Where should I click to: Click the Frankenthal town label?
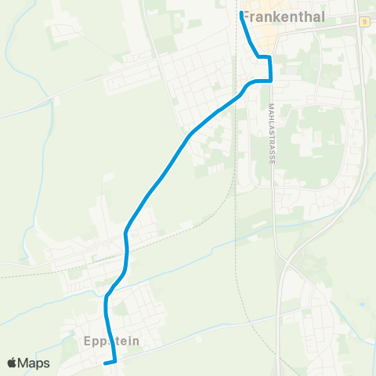[280, 14]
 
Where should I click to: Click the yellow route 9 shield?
[365, 21]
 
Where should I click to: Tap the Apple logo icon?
[13, 363]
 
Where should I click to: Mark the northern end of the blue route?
[240, 13]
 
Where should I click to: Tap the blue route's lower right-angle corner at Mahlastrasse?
[270, 80]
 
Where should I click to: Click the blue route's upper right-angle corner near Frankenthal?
[270, 57]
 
